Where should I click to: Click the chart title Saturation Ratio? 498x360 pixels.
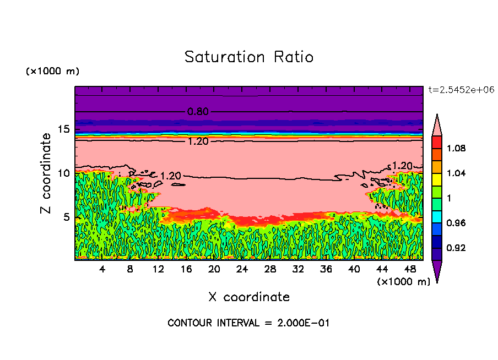[249, 57]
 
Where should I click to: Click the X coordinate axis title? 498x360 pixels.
[249, 297]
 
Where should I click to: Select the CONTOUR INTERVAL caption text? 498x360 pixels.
[248, 323]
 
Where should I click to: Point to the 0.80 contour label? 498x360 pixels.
[198, 112]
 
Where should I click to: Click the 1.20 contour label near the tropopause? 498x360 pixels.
[198, 141]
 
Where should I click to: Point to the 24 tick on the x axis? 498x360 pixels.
[242, 269]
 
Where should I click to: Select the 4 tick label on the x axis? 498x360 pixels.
[102, 269]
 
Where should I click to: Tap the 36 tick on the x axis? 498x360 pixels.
[326, 269]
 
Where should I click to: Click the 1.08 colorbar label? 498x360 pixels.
[457, 149]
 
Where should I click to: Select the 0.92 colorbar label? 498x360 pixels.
[457, 248]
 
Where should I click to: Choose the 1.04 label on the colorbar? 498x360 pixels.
[457, 173]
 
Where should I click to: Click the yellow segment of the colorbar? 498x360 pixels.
[436, 179]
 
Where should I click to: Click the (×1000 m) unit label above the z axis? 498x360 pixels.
[53, 72]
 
